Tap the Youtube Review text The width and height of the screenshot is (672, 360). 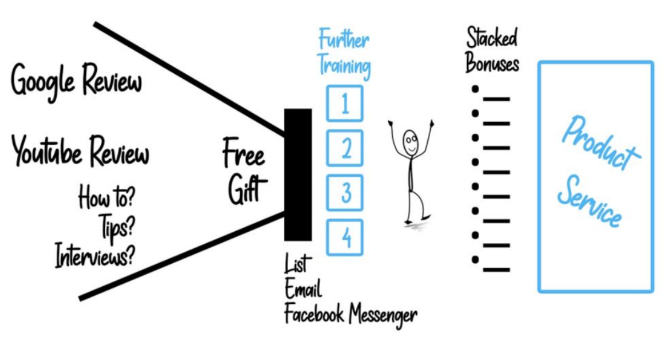80,152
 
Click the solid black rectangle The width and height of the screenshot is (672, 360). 297,174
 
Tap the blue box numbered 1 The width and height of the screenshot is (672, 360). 345,103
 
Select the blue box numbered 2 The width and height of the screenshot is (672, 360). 345,148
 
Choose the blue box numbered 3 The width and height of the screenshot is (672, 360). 345,193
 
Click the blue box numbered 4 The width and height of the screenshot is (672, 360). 345,237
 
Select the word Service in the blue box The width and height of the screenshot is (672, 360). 589,201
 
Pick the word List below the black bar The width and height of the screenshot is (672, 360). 298,264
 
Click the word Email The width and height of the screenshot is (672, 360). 304,290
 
